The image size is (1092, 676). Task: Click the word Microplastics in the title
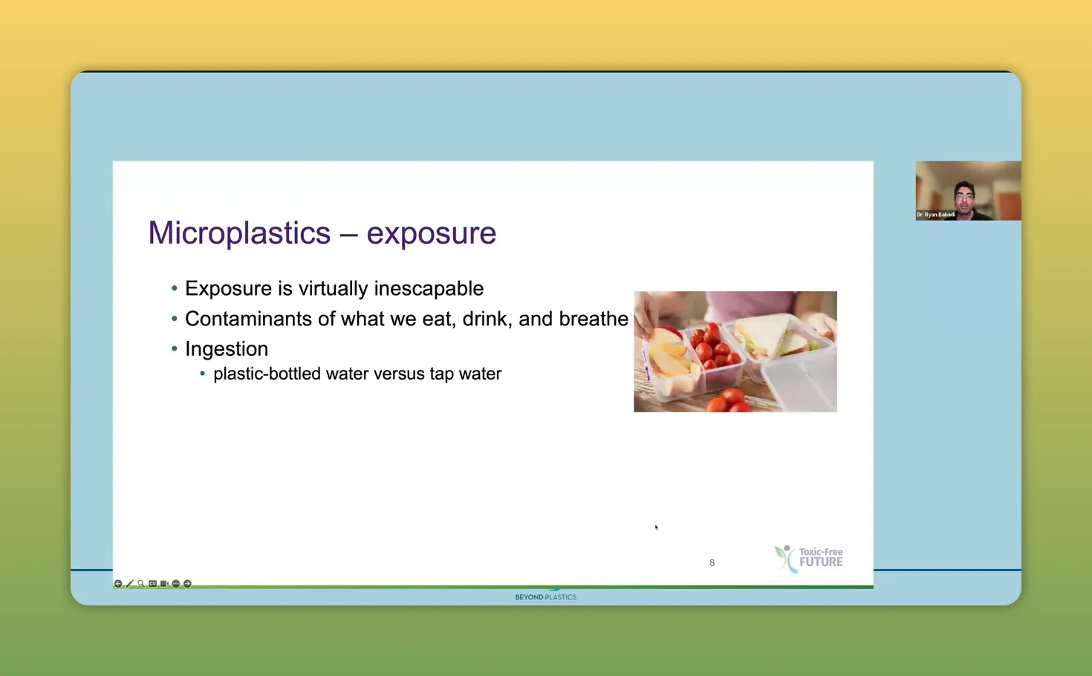point(239,233)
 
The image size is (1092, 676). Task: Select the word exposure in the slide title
point(431,233)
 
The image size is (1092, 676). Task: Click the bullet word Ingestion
point(227,349)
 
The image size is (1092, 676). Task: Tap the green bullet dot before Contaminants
point(175,319)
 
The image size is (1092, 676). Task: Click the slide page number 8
point(712,563)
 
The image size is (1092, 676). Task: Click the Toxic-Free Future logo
point(809,558)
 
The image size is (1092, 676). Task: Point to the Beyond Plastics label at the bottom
point(545,597)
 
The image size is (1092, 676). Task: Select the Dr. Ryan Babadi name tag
point(935,215)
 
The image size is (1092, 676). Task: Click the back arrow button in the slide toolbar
point(118,584)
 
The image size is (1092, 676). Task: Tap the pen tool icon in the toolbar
point(129,584)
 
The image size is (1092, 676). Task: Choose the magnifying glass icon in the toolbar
point(141,584)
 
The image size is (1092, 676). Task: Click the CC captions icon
point(152,584)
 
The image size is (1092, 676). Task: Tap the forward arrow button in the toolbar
point(187,584)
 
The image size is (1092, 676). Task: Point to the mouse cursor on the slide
point(656,527)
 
